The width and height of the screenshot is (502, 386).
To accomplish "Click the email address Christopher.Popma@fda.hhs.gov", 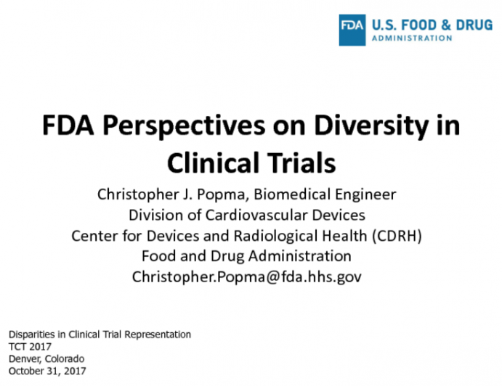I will tap(246, 276).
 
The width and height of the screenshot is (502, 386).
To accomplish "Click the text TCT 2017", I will tap(27, 347).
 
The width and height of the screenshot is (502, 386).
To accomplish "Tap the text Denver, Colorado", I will tap(46, 359).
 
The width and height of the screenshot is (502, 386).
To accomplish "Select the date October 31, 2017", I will tap(47, 371).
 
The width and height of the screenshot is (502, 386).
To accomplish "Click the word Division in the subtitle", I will tap(155, 215).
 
